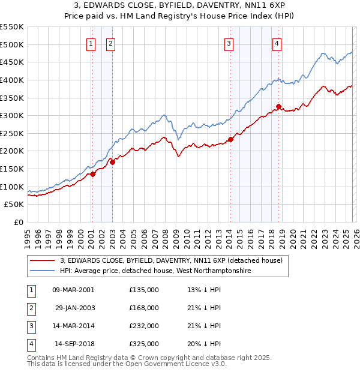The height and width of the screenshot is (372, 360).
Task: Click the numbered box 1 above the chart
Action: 91,43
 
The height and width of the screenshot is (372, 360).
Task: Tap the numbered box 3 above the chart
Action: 229,43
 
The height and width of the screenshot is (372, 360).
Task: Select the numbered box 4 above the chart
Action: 277,43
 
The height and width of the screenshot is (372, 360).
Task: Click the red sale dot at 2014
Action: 230,140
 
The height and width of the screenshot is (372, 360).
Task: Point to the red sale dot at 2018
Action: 278,107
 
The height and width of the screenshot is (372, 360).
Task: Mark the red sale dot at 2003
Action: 112,162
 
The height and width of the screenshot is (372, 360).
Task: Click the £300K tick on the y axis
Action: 12,115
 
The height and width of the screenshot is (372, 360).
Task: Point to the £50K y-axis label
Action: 14,205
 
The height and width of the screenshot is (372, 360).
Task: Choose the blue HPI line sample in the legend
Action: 42,271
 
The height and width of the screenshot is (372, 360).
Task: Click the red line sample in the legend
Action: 42,260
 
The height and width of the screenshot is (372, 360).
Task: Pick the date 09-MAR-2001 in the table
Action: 73,290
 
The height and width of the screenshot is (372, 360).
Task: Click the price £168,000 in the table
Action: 143,308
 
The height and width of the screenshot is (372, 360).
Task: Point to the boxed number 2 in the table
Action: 31,308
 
